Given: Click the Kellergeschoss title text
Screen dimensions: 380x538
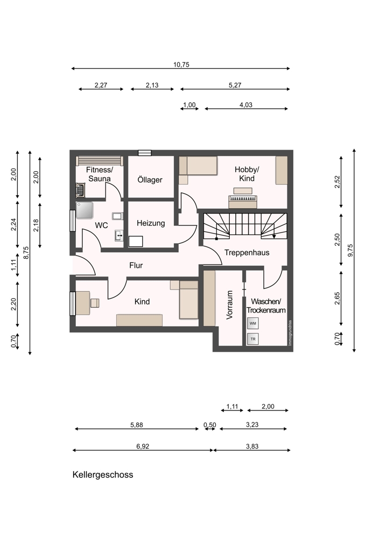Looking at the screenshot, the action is tap(103, 475).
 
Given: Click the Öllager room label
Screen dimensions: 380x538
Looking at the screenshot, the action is tap(150, 180).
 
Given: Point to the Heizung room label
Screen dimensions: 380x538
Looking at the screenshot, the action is tap(151, 223).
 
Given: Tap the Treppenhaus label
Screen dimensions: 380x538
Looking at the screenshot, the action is tap(247, 252).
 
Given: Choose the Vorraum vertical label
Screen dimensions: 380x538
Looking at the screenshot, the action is tap(229, 305).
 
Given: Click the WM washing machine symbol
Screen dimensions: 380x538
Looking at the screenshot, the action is tap(252, 323).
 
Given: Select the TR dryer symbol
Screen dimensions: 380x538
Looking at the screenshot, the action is tap(252, 339).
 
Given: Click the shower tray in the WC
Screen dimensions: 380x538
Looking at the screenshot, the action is tap(85, 210).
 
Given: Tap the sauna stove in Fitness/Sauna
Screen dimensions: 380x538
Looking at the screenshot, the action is tap(81, 190).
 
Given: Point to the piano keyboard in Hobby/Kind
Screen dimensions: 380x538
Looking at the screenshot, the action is tap(243, 199).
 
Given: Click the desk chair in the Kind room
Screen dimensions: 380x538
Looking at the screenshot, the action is tap(95, 303).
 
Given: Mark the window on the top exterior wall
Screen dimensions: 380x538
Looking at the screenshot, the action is tap(144, 153).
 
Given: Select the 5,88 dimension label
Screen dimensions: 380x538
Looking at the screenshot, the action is tap(137, 425).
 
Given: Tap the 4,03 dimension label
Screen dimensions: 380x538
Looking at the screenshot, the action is tap(246, 105).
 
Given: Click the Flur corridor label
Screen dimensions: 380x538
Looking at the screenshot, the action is tap(136, 265).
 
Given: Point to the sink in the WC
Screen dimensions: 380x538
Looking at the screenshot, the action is tap(119, 236).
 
